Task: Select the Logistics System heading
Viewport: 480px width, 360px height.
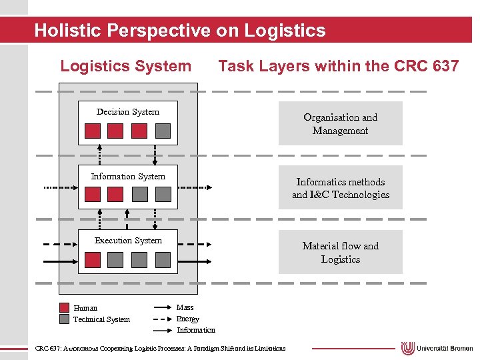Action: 125,66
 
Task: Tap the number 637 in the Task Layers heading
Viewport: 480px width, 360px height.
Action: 444,66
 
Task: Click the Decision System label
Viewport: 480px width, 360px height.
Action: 128,112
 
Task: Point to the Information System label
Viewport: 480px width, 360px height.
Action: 128,177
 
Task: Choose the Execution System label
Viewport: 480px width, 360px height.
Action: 128,241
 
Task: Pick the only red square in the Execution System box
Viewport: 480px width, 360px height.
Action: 93,259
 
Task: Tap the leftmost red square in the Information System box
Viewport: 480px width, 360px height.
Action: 93,194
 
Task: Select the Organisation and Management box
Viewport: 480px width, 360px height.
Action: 340,123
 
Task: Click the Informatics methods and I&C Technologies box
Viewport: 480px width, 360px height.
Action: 340,188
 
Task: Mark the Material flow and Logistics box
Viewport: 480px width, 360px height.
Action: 340,252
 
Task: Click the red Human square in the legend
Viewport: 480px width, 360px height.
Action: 64,308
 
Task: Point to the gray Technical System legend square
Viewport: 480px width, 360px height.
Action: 64,319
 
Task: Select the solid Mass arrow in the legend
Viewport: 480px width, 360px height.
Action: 162,308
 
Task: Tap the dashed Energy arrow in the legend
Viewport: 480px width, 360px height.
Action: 162,319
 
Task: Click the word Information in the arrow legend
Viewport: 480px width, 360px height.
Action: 196,330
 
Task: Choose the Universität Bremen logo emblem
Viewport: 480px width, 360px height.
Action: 408,348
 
